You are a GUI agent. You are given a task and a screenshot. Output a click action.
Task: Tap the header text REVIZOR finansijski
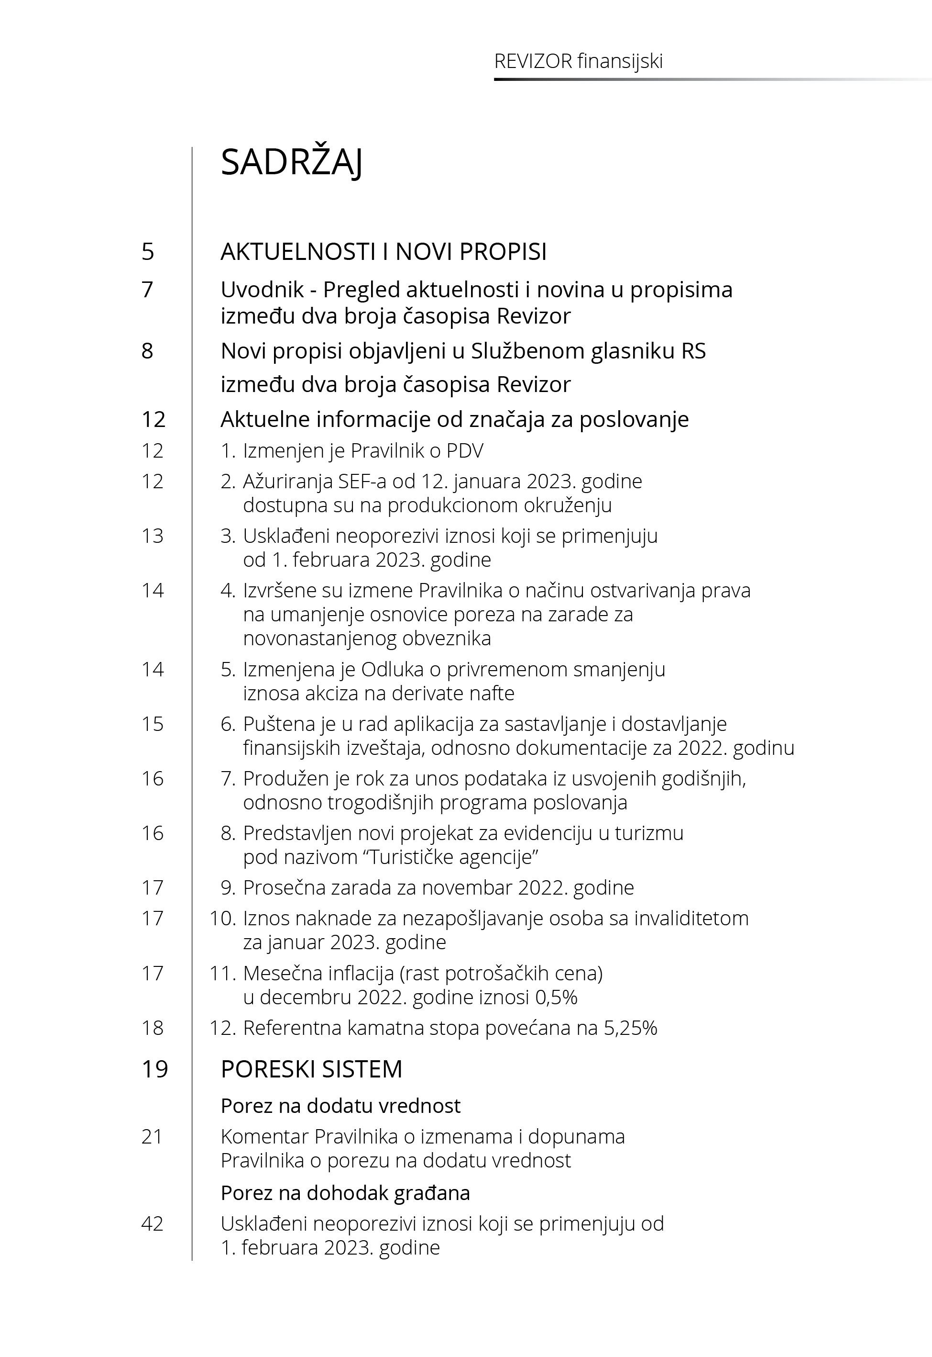[578, 61]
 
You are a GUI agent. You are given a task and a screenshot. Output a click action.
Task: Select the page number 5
[148, 251]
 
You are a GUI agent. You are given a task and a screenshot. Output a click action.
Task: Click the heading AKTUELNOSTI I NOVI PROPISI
[383, 251]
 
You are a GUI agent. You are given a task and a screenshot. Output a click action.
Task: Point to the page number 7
[148, 289]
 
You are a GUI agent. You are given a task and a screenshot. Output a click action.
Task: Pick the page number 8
[148, 351]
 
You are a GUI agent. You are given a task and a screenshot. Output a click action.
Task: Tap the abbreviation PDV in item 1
[465, 450]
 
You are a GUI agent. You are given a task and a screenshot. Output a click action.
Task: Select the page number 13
[153, 536]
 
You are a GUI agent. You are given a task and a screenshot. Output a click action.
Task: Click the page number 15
[153, 724]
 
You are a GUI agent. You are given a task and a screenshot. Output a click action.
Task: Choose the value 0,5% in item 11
[556, 997]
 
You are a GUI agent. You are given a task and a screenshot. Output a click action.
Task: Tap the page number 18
[153, 1028]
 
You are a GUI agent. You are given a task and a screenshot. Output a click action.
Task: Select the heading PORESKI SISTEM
[311, 1069]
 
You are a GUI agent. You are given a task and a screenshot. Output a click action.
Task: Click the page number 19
[155, 1069]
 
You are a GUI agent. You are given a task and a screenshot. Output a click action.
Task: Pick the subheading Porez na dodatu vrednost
[340, 1106]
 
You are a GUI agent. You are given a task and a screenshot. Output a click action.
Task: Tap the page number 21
[152, 1137]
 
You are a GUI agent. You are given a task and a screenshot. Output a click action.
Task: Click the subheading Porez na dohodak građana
[345, 1193]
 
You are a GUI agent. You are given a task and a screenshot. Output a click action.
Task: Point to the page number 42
[153, 1224]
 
